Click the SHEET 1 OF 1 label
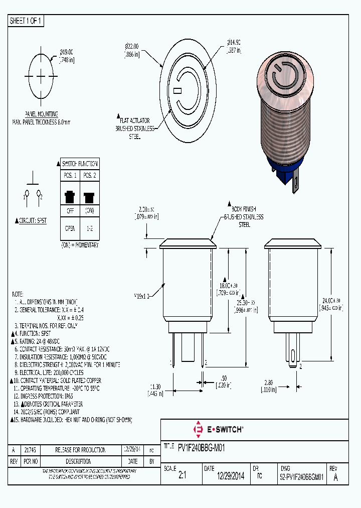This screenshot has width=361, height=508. click(x=26, y=21)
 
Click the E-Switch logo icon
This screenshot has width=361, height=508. click(x=198, y=430)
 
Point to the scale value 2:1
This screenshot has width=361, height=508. click(x=182, y=477)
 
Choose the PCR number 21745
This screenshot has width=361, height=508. click(x=30, y=450)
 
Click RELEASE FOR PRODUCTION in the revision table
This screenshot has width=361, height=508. click(x=80, y=450)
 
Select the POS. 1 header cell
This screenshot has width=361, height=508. click(x=70, y=175)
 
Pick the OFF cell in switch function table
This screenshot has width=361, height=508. click(x=70, y=210)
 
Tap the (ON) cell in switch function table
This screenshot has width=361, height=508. click(x=89, y=210)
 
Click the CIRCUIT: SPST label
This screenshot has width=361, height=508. click(x=31, y=220)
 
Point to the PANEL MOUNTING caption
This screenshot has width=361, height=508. click(x=41, y=114)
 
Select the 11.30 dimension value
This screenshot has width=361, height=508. click(x=154, y=387)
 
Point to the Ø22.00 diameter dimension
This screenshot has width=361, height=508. click(x=132, y=46)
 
